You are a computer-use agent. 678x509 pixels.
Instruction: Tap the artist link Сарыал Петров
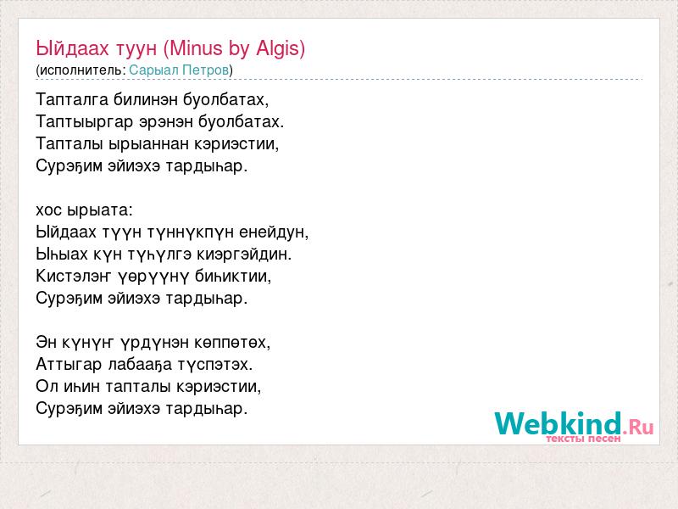179,70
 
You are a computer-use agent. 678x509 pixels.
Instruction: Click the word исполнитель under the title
81,70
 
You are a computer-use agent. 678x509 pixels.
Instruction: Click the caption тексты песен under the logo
583,439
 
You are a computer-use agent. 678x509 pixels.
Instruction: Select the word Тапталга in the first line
72,99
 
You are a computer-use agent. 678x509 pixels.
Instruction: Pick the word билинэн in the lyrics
146,99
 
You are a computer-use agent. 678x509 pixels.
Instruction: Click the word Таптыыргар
84,121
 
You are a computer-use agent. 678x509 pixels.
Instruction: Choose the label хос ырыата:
84,210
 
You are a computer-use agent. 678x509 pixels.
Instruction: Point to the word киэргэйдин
244,254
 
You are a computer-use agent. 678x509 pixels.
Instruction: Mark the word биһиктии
233,277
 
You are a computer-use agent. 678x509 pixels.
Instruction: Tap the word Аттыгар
69,365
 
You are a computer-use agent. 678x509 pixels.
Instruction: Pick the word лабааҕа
140,365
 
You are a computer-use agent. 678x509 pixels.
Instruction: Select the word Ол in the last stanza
47,386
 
